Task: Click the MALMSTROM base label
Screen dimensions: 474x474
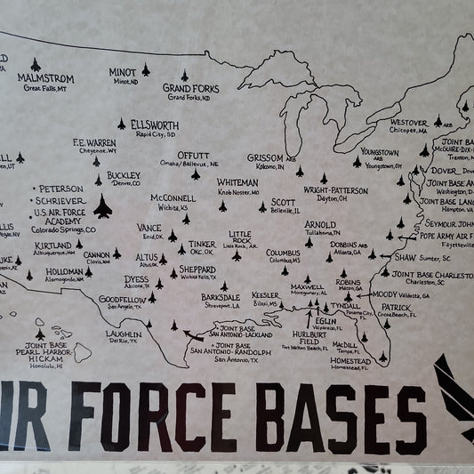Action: pos(45,78)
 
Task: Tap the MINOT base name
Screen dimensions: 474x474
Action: pos(123,72)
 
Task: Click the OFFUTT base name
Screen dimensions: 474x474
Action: pos(194,155)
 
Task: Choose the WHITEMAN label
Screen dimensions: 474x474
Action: pos(238,182)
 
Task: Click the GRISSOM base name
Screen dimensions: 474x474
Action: pos(265,157)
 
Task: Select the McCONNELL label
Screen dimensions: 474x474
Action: pos(173,197)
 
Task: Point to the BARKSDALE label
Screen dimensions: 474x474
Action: pos(221,296)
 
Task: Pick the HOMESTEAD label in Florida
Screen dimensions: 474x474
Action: pos(349,361)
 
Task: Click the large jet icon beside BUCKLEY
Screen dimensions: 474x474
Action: pos(102,206)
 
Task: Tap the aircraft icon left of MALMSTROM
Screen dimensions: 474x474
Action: pos(35,64)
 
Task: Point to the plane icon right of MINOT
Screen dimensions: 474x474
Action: pos(146,68)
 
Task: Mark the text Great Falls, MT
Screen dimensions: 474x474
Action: pos(46,88)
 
